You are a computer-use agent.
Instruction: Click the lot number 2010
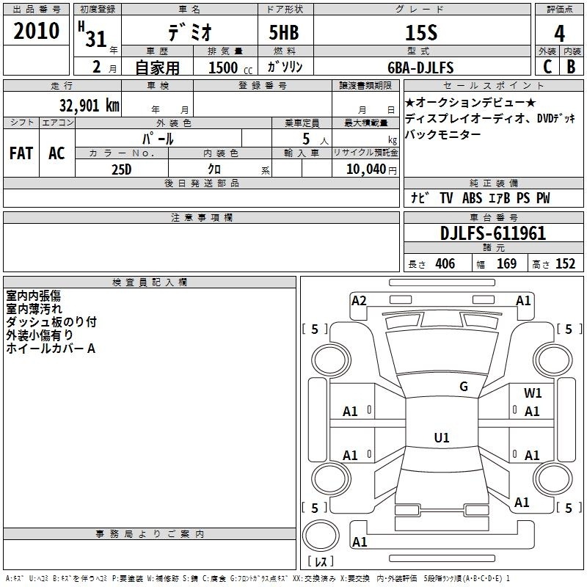[36, 31]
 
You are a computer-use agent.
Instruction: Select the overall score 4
[559, 33]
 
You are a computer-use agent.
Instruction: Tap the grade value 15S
[421, 33]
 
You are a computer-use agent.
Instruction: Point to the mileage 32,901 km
[89, 105]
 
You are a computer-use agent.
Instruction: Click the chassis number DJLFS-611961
[493, 233]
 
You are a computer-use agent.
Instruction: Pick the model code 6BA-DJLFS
[420, 68]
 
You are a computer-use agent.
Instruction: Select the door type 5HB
[284, 32]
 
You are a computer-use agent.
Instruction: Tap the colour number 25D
[121, 169]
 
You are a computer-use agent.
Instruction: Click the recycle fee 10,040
[366, 169]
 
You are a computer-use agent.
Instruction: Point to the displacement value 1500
[223, 68]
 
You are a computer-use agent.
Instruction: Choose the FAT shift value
[21, 153]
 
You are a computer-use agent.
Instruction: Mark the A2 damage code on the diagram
[359, 301]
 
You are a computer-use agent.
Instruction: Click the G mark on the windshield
[464, 387]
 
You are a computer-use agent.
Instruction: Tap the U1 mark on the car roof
[442, 437]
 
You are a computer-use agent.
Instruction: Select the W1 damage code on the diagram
[533, 393]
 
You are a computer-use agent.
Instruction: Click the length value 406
[445, 263]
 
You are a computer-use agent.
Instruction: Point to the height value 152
[565, 263]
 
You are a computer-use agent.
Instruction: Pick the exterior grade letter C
[547, 67]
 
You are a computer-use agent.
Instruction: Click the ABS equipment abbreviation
[472, 198]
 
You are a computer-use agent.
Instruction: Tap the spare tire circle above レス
[321, 536]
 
